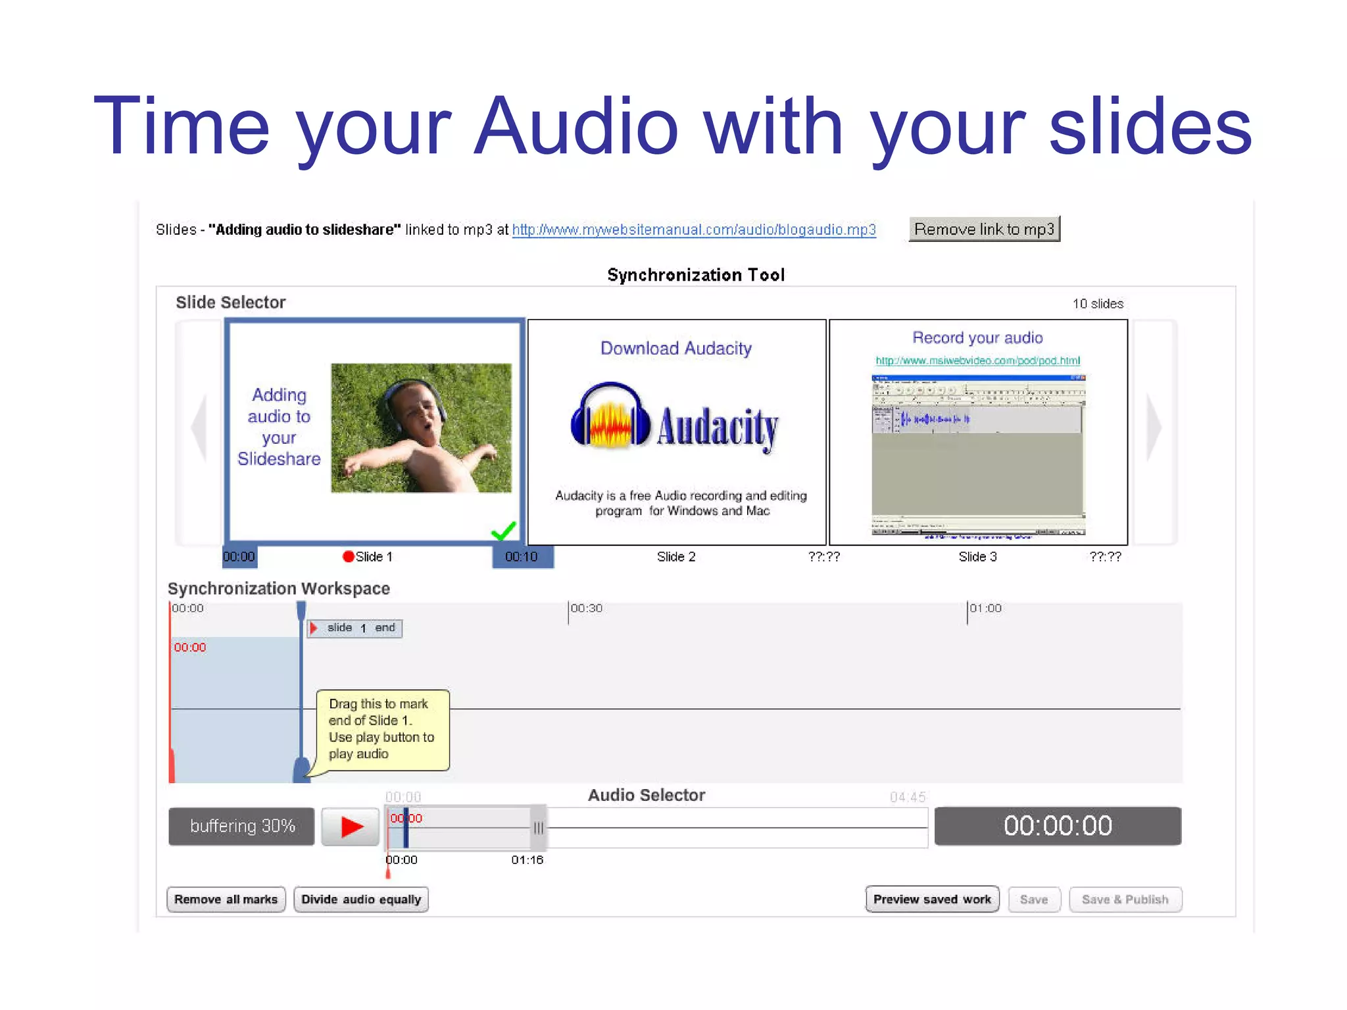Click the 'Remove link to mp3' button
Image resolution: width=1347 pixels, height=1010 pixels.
[x=984, y=229]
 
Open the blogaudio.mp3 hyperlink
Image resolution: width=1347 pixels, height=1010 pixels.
[x=694, y=229]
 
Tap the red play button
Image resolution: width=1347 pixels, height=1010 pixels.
[x=351, y=827]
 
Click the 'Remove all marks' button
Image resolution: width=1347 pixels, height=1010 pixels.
[x=226, y=900]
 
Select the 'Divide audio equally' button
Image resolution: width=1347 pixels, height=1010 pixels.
[x=361, y=900]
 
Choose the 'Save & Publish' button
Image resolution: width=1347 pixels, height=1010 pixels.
[x=1125, y=900]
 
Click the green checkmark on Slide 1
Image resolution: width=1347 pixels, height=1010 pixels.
[x=504, y=530]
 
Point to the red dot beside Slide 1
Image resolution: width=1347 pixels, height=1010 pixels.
[x=349, y=557]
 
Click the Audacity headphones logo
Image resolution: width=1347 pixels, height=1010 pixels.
[x=610, y=416]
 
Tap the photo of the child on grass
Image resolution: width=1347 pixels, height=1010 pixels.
[x=421, y=428]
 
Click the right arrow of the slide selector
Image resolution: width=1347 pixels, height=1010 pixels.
[x=1154, y=428]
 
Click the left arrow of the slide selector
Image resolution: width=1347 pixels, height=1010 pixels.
[x=199, y=428]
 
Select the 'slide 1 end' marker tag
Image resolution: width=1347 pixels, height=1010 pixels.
[x=355, y=628]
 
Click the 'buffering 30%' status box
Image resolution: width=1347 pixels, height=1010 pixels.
[x=241, y=827]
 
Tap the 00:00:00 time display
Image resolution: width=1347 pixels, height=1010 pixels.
[x=1058, y=826]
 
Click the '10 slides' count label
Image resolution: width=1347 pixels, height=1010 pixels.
[x=1098, y=304]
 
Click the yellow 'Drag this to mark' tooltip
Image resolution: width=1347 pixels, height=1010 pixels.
[x=382, y=729]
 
